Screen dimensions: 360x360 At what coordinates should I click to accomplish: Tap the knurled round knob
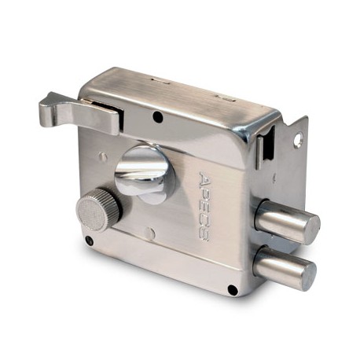(98, 210)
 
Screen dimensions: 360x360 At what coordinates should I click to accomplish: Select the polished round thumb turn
(145, 175)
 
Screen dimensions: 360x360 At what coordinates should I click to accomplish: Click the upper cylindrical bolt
(287, 222)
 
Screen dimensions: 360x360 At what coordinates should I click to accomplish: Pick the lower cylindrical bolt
(285, 268)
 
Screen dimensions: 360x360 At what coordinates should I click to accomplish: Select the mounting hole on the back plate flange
(298, 139)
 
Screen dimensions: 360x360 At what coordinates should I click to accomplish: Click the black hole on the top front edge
(157, 116)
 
